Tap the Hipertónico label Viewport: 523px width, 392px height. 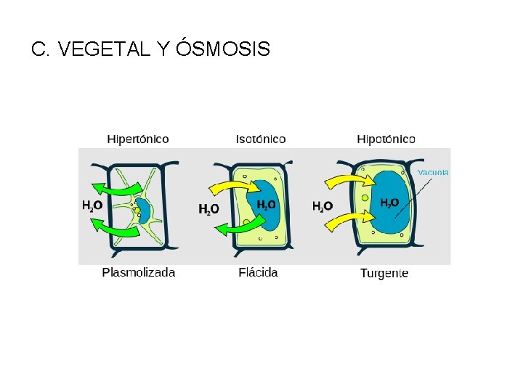[x=138, y=139]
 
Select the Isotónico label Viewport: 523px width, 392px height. [x=261, y=139]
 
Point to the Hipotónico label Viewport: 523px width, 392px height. [x=386, y=139]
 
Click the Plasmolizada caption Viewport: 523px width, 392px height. [x=139, y=273]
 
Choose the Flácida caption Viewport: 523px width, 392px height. [x=258, y=273]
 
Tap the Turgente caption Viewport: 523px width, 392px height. [x=384, y=274]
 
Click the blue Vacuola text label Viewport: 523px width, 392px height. [x=433, y=173]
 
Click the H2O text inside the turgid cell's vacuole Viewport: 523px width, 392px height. [x=390, y=203]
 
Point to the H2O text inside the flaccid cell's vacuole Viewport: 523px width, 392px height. [x=266, y=205]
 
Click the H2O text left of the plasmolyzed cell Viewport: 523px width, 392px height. [x=92, y=206]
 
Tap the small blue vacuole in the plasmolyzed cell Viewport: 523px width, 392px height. [x=144, y=211]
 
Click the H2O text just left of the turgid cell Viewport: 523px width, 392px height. [x=323, y=207]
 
